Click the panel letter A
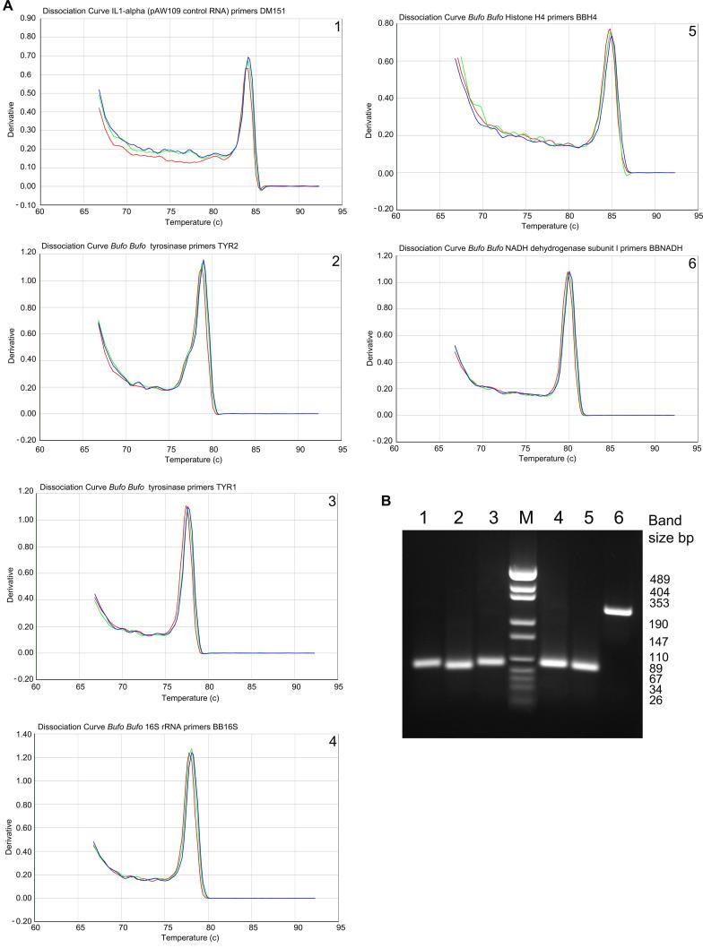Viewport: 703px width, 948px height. pyautogui.click(x=6, y=6)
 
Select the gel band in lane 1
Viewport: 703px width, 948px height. pyautogui.click(x=426, y=664)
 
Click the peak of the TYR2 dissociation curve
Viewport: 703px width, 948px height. pyautogui.click(x=204, y=261)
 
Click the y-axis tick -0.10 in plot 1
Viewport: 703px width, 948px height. pyautogui.click(x=21, y=203)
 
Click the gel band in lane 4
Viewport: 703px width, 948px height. pyautogui.click(x=552, y=664)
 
